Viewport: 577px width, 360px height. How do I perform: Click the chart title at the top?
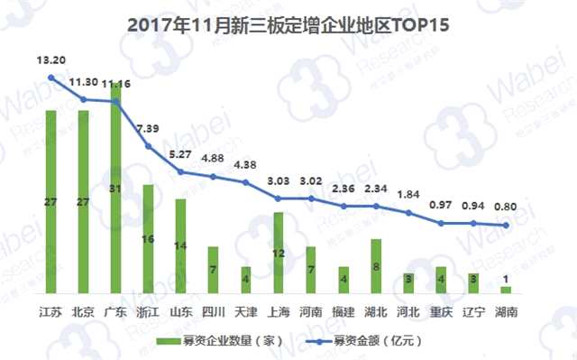pyautogui.click(x=288, y=26)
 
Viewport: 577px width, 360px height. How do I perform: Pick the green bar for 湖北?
pyautogui.click(x=376, y=265)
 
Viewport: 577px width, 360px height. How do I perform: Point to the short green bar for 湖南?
pyautogui.click(x=506, y=290)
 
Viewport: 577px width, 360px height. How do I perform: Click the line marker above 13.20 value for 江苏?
pyautogui.click(x=51, y=78)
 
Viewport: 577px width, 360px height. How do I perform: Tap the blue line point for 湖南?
pyautogui.click(x=506, y=226)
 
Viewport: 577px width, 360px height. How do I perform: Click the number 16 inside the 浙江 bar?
pyautogui.click(x=148, y=239)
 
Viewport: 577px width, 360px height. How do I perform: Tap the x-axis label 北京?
pyautogui.click(x=84, y=312)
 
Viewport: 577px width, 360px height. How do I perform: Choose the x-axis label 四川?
pyautogui.click(x=214, y=312)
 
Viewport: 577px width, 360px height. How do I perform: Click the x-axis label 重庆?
pyautogui.click(x=441, y=312)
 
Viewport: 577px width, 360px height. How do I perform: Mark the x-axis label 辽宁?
pyautogui.click(x=473, y=312)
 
